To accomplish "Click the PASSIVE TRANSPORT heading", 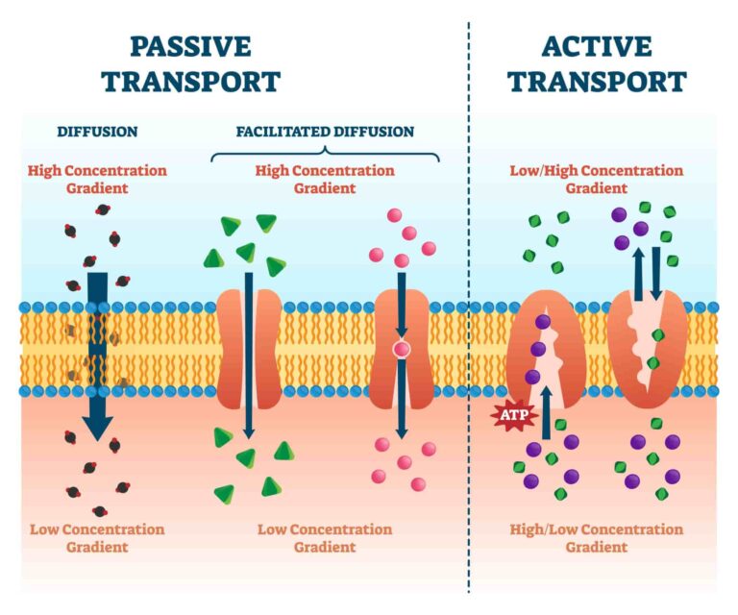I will point(191,63).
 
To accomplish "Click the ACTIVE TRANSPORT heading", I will point(598,63).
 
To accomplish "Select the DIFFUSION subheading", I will point(97,132).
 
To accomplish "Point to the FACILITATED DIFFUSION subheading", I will point(325,132).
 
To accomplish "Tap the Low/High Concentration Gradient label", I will point(597,180).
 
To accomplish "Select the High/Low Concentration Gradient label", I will point(597,538).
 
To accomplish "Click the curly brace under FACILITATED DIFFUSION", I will point(325,154).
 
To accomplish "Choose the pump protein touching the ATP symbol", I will point(538,351).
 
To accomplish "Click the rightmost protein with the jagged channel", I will point(648,348).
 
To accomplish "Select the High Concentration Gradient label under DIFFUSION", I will point(97,180).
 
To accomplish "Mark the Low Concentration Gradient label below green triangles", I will point(325,538).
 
